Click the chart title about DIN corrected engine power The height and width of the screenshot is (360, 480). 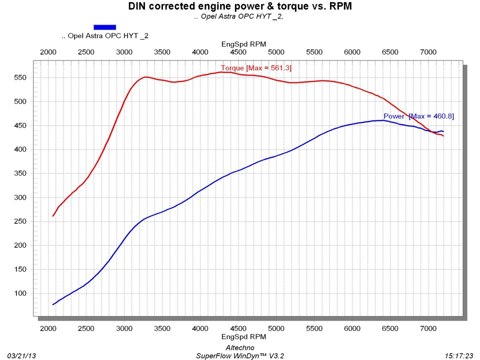pos(239,6)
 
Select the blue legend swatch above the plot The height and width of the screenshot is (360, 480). pos(105,27)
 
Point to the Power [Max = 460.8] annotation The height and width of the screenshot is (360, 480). pos(418,116)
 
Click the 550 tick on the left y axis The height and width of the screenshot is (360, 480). pos(21,77)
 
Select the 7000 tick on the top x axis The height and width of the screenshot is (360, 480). pos(428,52)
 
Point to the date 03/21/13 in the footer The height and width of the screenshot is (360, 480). pos(21,355)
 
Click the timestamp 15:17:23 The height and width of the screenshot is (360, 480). pos(458,355)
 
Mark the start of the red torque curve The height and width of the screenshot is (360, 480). pos(53,216)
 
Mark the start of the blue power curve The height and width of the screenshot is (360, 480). pos(53,304)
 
